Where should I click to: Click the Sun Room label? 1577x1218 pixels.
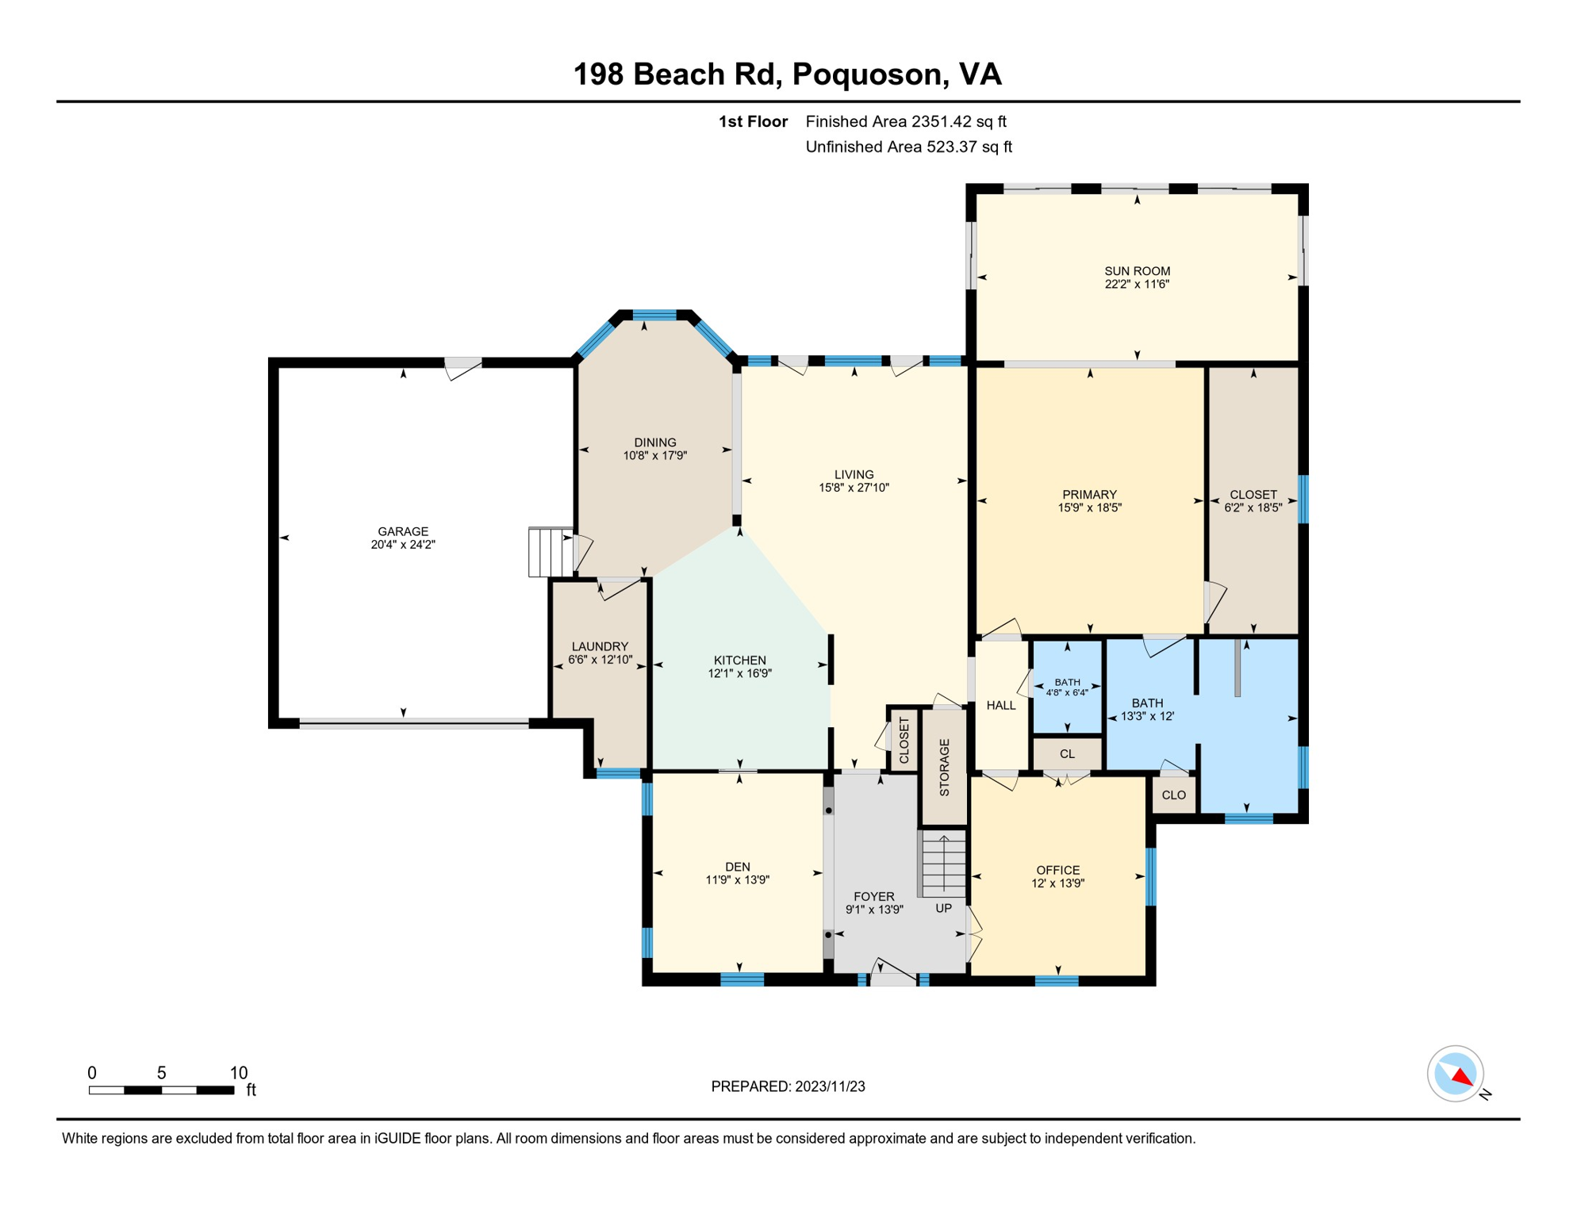(1137, 271)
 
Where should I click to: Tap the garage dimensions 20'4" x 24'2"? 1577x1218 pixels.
(403, 545)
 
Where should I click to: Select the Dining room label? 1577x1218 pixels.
(655, 442)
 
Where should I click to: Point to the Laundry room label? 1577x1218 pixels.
(600, 646)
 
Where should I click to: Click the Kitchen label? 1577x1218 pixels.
(740, 660)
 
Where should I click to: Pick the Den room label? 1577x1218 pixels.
(738, 867)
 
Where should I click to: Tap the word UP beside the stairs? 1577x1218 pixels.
(943, 908)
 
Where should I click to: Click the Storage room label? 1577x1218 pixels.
(944, 768)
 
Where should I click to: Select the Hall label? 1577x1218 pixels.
(1001, 705)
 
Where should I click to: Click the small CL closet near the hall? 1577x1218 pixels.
(1067, 753)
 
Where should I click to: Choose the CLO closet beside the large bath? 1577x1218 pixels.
(1174, 795)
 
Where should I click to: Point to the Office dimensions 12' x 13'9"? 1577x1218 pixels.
(1058, 883)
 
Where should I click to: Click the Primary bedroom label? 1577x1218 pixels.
(1089, 495)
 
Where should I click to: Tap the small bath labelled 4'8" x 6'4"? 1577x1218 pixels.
(1067, 688)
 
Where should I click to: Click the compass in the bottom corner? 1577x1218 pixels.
(1456, 1074)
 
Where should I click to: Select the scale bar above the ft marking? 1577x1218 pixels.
(161, 1090)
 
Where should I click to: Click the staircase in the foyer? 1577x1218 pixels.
(943, 864)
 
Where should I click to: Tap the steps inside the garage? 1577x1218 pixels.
(551, 552)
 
